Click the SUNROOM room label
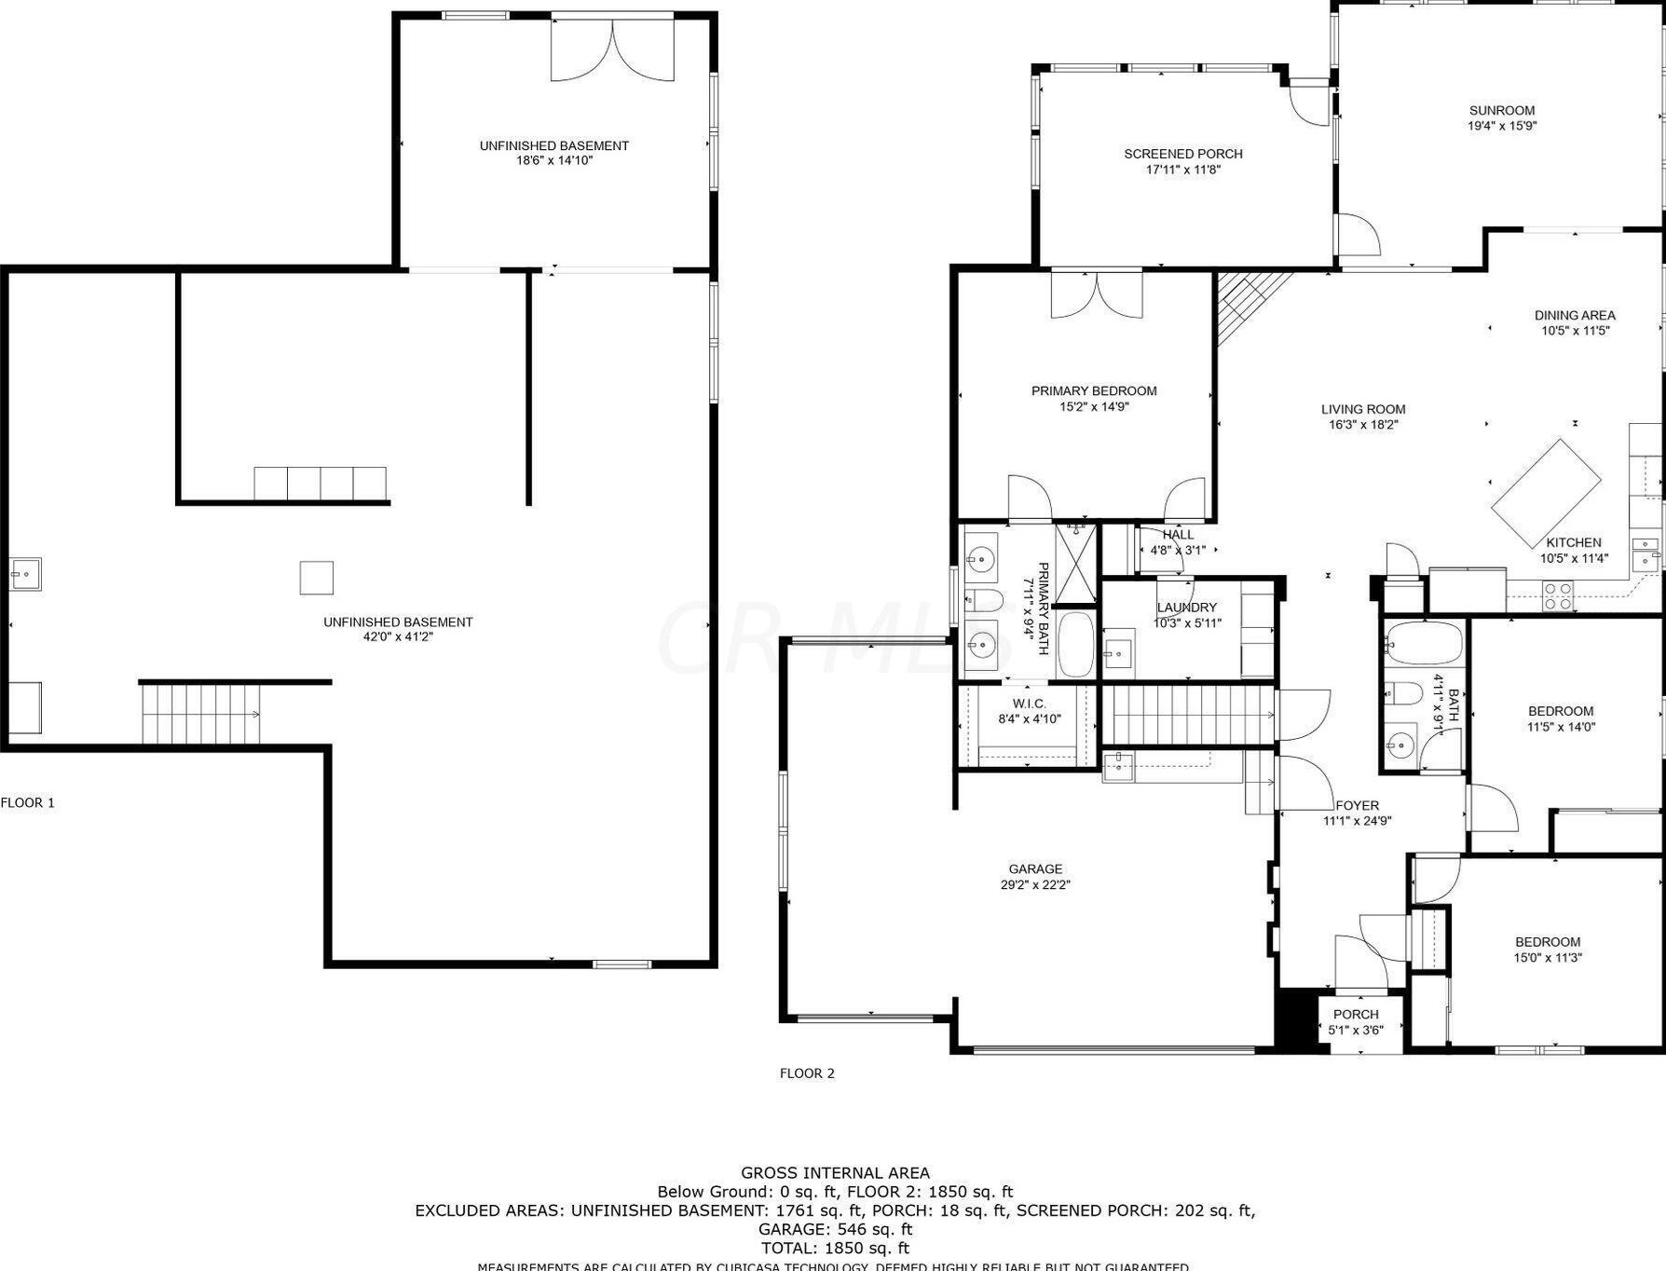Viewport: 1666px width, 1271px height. [x=1501, y=111]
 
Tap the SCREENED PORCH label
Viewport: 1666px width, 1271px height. [x=1182, y=155]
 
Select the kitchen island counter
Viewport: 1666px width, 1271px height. [x=1545, y=493]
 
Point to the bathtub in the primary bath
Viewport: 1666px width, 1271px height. [x=1076, y=644]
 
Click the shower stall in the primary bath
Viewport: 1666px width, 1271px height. [x=1076, y=562]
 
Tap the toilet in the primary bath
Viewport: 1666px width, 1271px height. [x=983, y=598]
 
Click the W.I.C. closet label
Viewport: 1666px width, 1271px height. [x=1029, y=704]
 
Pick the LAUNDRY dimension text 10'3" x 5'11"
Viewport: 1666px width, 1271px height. [x=1187, y=623]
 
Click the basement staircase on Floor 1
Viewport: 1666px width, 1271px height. [x=201, y=714]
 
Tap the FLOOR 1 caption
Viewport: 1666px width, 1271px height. [x=28, y=802]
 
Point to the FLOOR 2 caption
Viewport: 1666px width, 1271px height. [x=807, y=1073]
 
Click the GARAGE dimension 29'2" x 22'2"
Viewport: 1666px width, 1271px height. [x=1034, y=885]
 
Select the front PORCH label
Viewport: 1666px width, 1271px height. [x=1355, y=1015]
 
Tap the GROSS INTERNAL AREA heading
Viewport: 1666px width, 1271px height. [x=835, y=1173]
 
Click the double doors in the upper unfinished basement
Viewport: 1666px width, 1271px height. [x=612, y=48]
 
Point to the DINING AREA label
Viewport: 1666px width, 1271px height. [x=1575, y=315]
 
